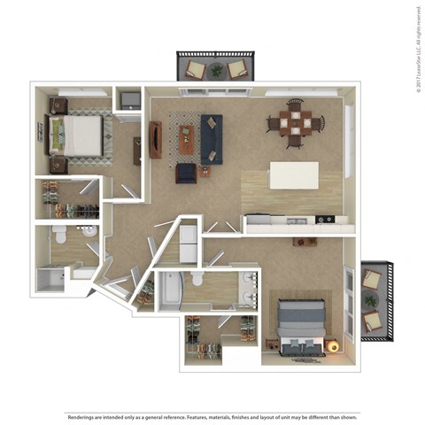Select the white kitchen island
pos(294,174)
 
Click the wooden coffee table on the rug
pos(186,137)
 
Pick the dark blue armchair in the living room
pos(186,173)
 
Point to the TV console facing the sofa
pos(156,140)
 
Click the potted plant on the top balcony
pos(217,68)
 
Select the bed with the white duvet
pos(79,135)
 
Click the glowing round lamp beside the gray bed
pos(336,346)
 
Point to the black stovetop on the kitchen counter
pos(324,219)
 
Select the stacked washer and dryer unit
pos(189,242)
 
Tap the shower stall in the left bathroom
pos(50,280)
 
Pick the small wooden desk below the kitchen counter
pos(305,241)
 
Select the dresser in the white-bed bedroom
pos(138,151)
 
